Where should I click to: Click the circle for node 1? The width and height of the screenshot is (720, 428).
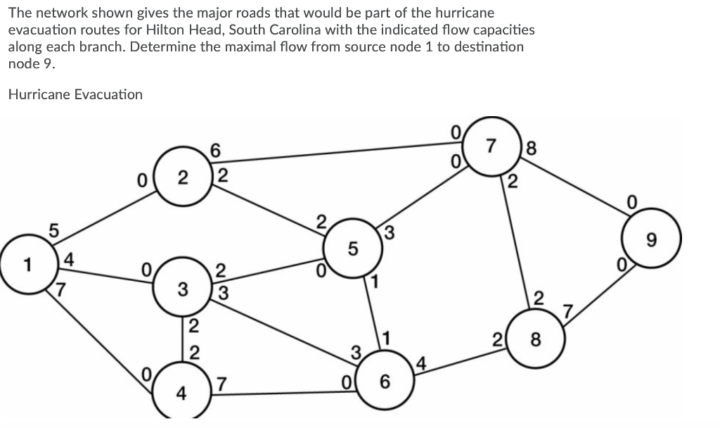pyautogui.click(x=27, y=266)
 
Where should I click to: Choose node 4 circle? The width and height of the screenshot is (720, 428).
pyautogui.click(x=181, y=393)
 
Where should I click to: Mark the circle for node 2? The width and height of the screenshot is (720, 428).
pyautogui.click(x=181, y=179)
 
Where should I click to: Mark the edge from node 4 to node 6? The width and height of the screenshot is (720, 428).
pyautogui.click(x=281, y=386)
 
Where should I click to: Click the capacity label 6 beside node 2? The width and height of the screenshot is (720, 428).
pyautogui.click(x=216, y=150)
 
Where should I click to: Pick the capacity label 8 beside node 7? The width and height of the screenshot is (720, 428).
pyautogui.click(x=531, y=149)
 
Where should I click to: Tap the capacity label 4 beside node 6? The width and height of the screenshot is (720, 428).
pyautogui.click(x=421, y=364)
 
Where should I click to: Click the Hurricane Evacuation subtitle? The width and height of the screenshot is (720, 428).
pyautogui.click(x=75, y=94)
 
